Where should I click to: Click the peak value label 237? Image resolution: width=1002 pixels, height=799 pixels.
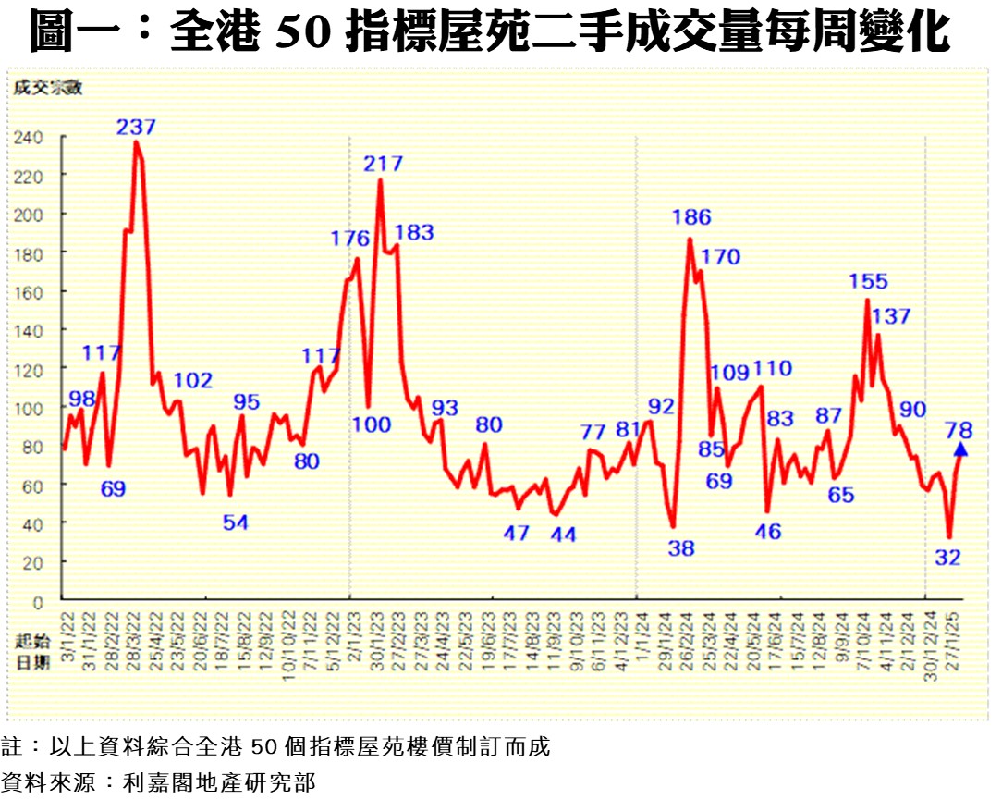pyautogui.click(x=136, y=127)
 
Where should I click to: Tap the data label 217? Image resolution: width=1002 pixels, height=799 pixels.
pyautogui.click(x=383, y=164)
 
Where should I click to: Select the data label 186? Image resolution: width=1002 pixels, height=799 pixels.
pyautogui.click(x=690, y=218)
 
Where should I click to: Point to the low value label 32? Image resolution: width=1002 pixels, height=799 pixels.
pyautogui.click(x=948, y=557)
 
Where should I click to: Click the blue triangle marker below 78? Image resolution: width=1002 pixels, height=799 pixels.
pyautogui.click(x=959, y=449)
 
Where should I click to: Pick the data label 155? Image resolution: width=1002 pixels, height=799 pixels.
pyautogui.click(x=868, y=281)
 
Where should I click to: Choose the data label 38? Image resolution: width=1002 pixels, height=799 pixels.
pyautogui.click(x=681, y=548)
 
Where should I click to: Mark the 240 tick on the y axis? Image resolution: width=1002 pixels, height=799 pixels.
pyautogui.click(x=29, y=137)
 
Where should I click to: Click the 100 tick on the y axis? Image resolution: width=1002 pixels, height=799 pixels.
pyautogui.click(x=29, y=408)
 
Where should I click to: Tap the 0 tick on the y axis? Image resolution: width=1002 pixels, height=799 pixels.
pyautogui.click(x=39, y=601)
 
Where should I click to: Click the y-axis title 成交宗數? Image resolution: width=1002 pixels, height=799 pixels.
pyautogui.click(x=48, y=88)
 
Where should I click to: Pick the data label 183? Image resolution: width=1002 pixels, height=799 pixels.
pyautogui.click(x=414, y=233)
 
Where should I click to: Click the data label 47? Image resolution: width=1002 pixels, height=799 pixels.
pyautogui.click(x=517, y=533)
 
